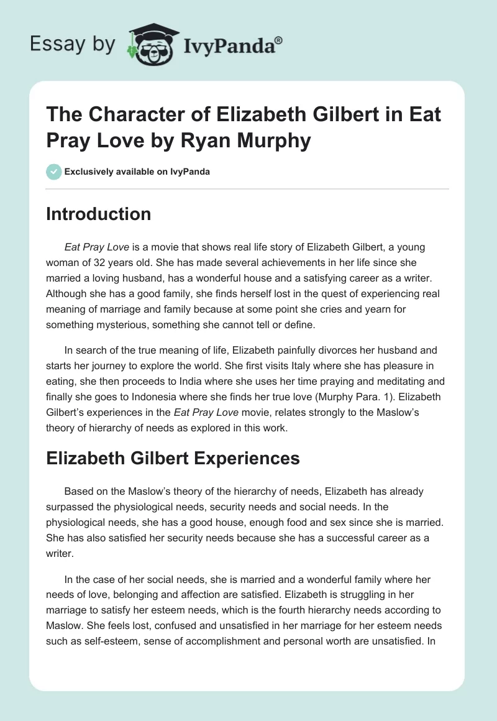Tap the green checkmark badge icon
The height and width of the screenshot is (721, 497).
point(53,172)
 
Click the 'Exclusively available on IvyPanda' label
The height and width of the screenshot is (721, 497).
point(137,172)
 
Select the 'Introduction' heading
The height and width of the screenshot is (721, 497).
point(99,214)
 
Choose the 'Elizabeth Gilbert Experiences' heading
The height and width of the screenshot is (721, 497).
point(173,459)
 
